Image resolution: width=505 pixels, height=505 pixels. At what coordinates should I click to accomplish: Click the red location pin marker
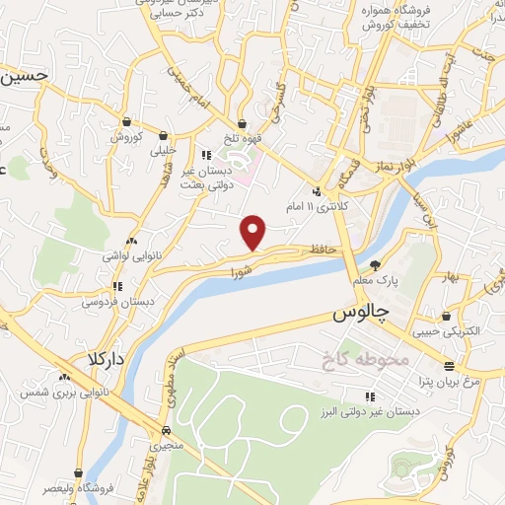coord(254,232)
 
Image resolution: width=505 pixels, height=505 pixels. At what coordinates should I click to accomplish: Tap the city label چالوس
coord(356,315)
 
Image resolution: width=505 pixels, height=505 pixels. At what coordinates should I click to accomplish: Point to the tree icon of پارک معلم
coord(375,264)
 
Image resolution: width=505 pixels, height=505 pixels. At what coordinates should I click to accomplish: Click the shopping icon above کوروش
coord(127,121)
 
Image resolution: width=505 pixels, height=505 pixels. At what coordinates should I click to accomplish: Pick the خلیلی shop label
coord(164,152)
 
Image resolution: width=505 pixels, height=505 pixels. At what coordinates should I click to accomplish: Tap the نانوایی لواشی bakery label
coord(126,254)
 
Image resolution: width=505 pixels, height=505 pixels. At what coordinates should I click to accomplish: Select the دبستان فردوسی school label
coord(126,302)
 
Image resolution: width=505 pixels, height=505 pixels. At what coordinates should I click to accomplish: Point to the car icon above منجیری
coord(166,431)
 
